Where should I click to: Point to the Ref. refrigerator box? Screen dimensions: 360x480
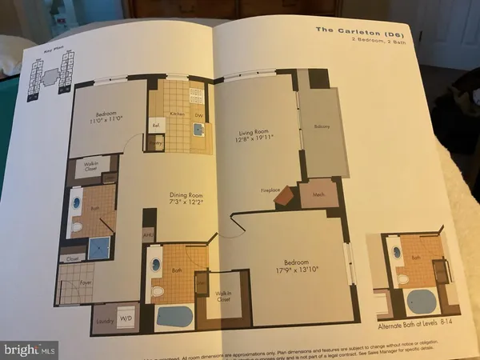click(x=156, y=125)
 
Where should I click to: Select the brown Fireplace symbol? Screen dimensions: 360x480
click(x=283, y=198)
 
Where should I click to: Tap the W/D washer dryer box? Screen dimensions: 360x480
click(x=125, y=316)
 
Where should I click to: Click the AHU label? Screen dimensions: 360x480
click(x=147, y=234)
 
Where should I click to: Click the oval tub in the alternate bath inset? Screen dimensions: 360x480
click(x=422, y=302)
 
